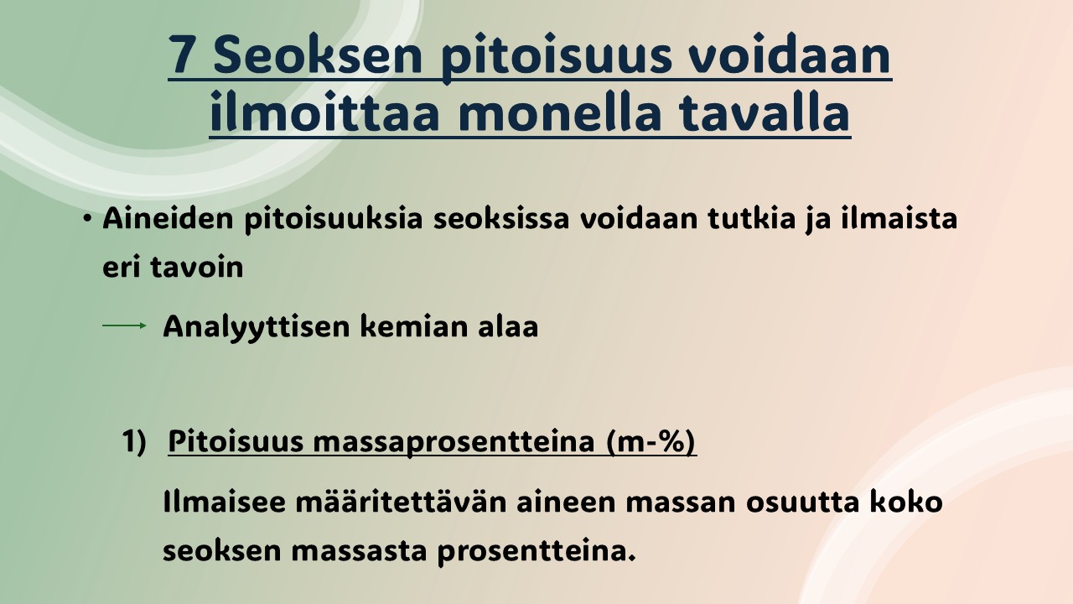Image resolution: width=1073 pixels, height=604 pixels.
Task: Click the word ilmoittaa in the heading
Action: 324,112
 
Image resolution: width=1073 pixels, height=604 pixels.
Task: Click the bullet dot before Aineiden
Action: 86,219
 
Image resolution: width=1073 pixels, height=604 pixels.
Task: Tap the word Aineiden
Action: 168,218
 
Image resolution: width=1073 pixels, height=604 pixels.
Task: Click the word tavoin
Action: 196,267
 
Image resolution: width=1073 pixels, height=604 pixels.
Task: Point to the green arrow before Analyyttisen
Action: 125,326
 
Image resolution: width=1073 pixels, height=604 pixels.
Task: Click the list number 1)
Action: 133,441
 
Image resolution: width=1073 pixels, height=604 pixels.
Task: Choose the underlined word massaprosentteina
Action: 454,442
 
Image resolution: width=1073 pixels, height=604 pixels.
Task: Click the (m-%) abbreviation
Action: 651,441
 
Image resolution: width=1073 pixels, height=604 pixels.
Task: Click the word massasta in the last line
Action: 359,551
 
